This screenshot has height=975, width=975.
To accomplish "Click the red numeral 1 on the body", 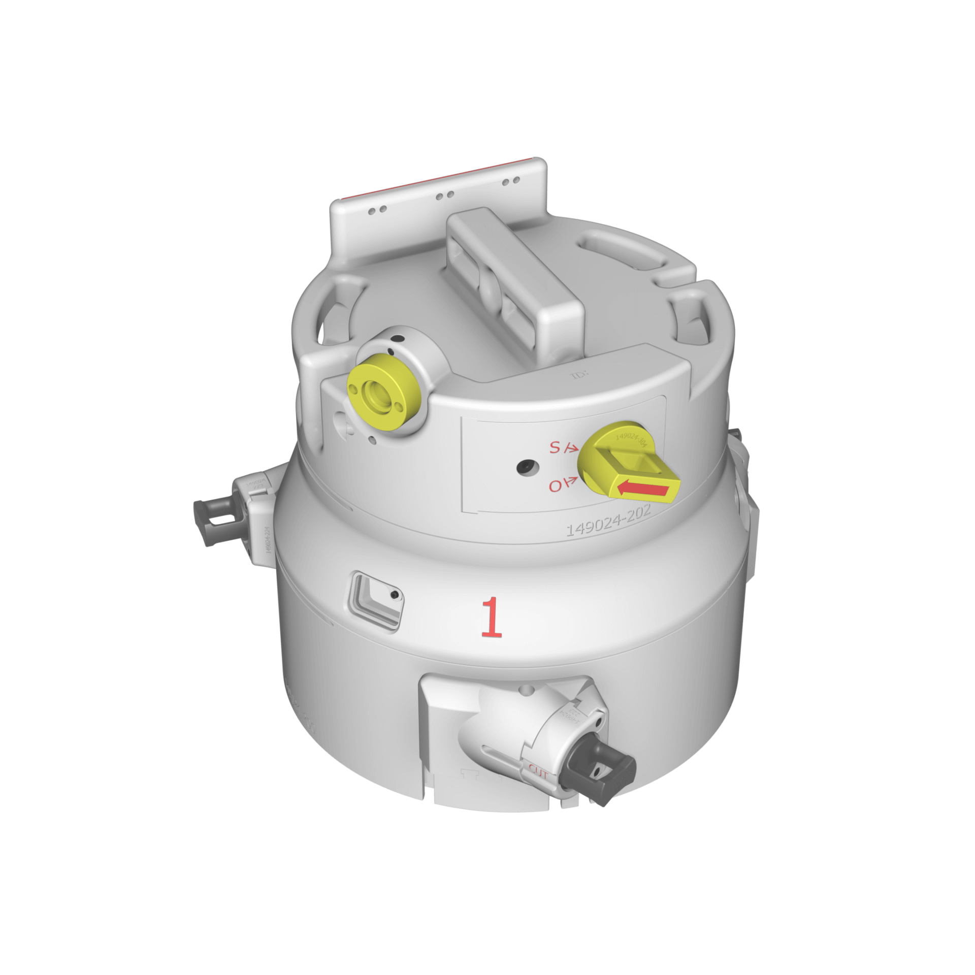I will click(491, 617).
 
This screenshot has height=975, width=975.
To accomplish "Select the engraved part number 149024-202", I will click(608, 522).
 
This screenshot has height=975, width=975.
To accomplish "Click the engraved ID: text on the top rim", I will click(577, 376).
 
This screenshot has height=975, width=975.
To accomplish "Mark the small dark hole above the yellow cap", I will click(400, 337).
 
